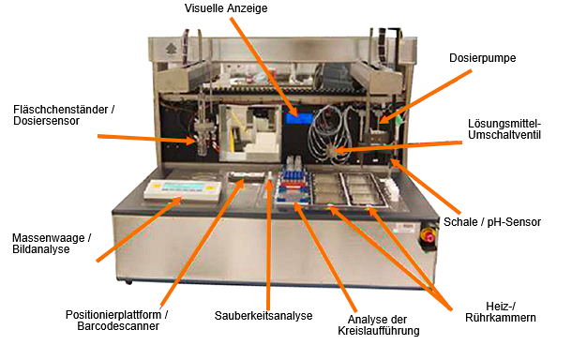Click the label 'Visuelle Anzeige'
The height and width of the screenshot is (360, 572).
pyautogui.click(x=226, y=8)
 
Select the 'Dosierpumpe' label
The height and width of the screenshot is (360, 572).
pyautogui.click(x=482, y=57)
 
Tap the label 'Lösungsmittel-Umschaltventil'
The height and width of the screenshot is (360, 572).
pyautogui.click(x=504, y=129)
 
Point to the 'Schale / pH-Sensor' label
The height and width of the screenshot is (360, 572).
pyautogui.click(x=492, y=222)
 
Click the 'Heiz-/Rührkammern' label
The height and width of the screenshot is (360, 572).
pyautogui.click(x=501, y=312)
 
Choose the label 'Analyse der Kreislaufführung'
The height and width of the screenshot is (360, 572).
pyautogui.click(x=379, y=325)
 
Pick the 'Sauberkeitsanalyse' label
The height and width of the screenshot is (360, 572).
pyautogui.click(x=263, y=316)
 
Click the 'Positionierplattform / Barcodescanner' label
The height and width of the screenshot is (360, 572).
pyautogui.click(x=116, y=321)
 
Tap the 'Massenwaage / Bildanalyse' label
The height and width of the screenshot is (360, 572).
pyautogui.click(x=52, y=244)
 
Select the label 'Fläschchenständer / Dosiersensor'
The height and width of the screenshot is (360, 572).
pyautogui.click(x=64, y=115)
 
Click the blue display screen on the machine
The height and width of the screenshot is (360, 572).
pyautogui.click(x=299, y=118)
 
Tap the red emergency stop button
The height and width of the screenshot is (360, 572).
pyautogui.click(x=429, y=237)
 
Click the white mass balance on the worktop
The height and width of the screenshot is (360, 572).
pyautogui.click(x=183, y=189)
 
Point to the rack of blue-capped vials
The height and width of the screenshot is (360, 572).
pyautogui.click(x=294, y=186)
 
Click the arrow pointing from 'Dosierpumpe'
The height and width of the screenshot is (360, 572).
pyautogui.click(x=425, y=97)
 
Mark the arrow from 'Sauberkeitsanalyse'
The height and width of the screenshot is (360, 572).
pyautogui.click(x=269, y=245)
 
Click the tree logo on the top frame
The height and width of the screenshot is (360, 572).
pyautogui.click(x=171, y=49)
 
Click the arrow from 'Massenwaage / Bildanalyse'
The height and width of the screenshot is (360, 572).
pyautogui.click(x=140, y=229)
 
